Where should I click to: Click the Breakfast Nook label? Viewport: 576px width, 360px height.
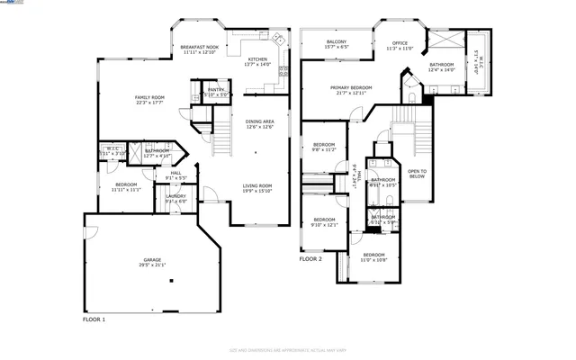[x=200, y=47]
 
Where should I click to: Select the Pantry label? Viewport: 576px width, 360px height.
[x=216, y=89]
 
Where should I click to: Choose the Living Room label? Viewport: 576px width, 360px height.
[x=256, y=185]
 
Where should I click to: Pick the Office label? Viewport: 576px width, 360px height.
[x=400, y=42]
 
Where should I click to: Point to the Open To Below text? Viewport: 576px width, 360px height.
[x=417, y=174]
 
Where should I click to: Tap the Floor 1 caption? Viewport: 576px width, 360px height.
[x=94, y=319]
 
